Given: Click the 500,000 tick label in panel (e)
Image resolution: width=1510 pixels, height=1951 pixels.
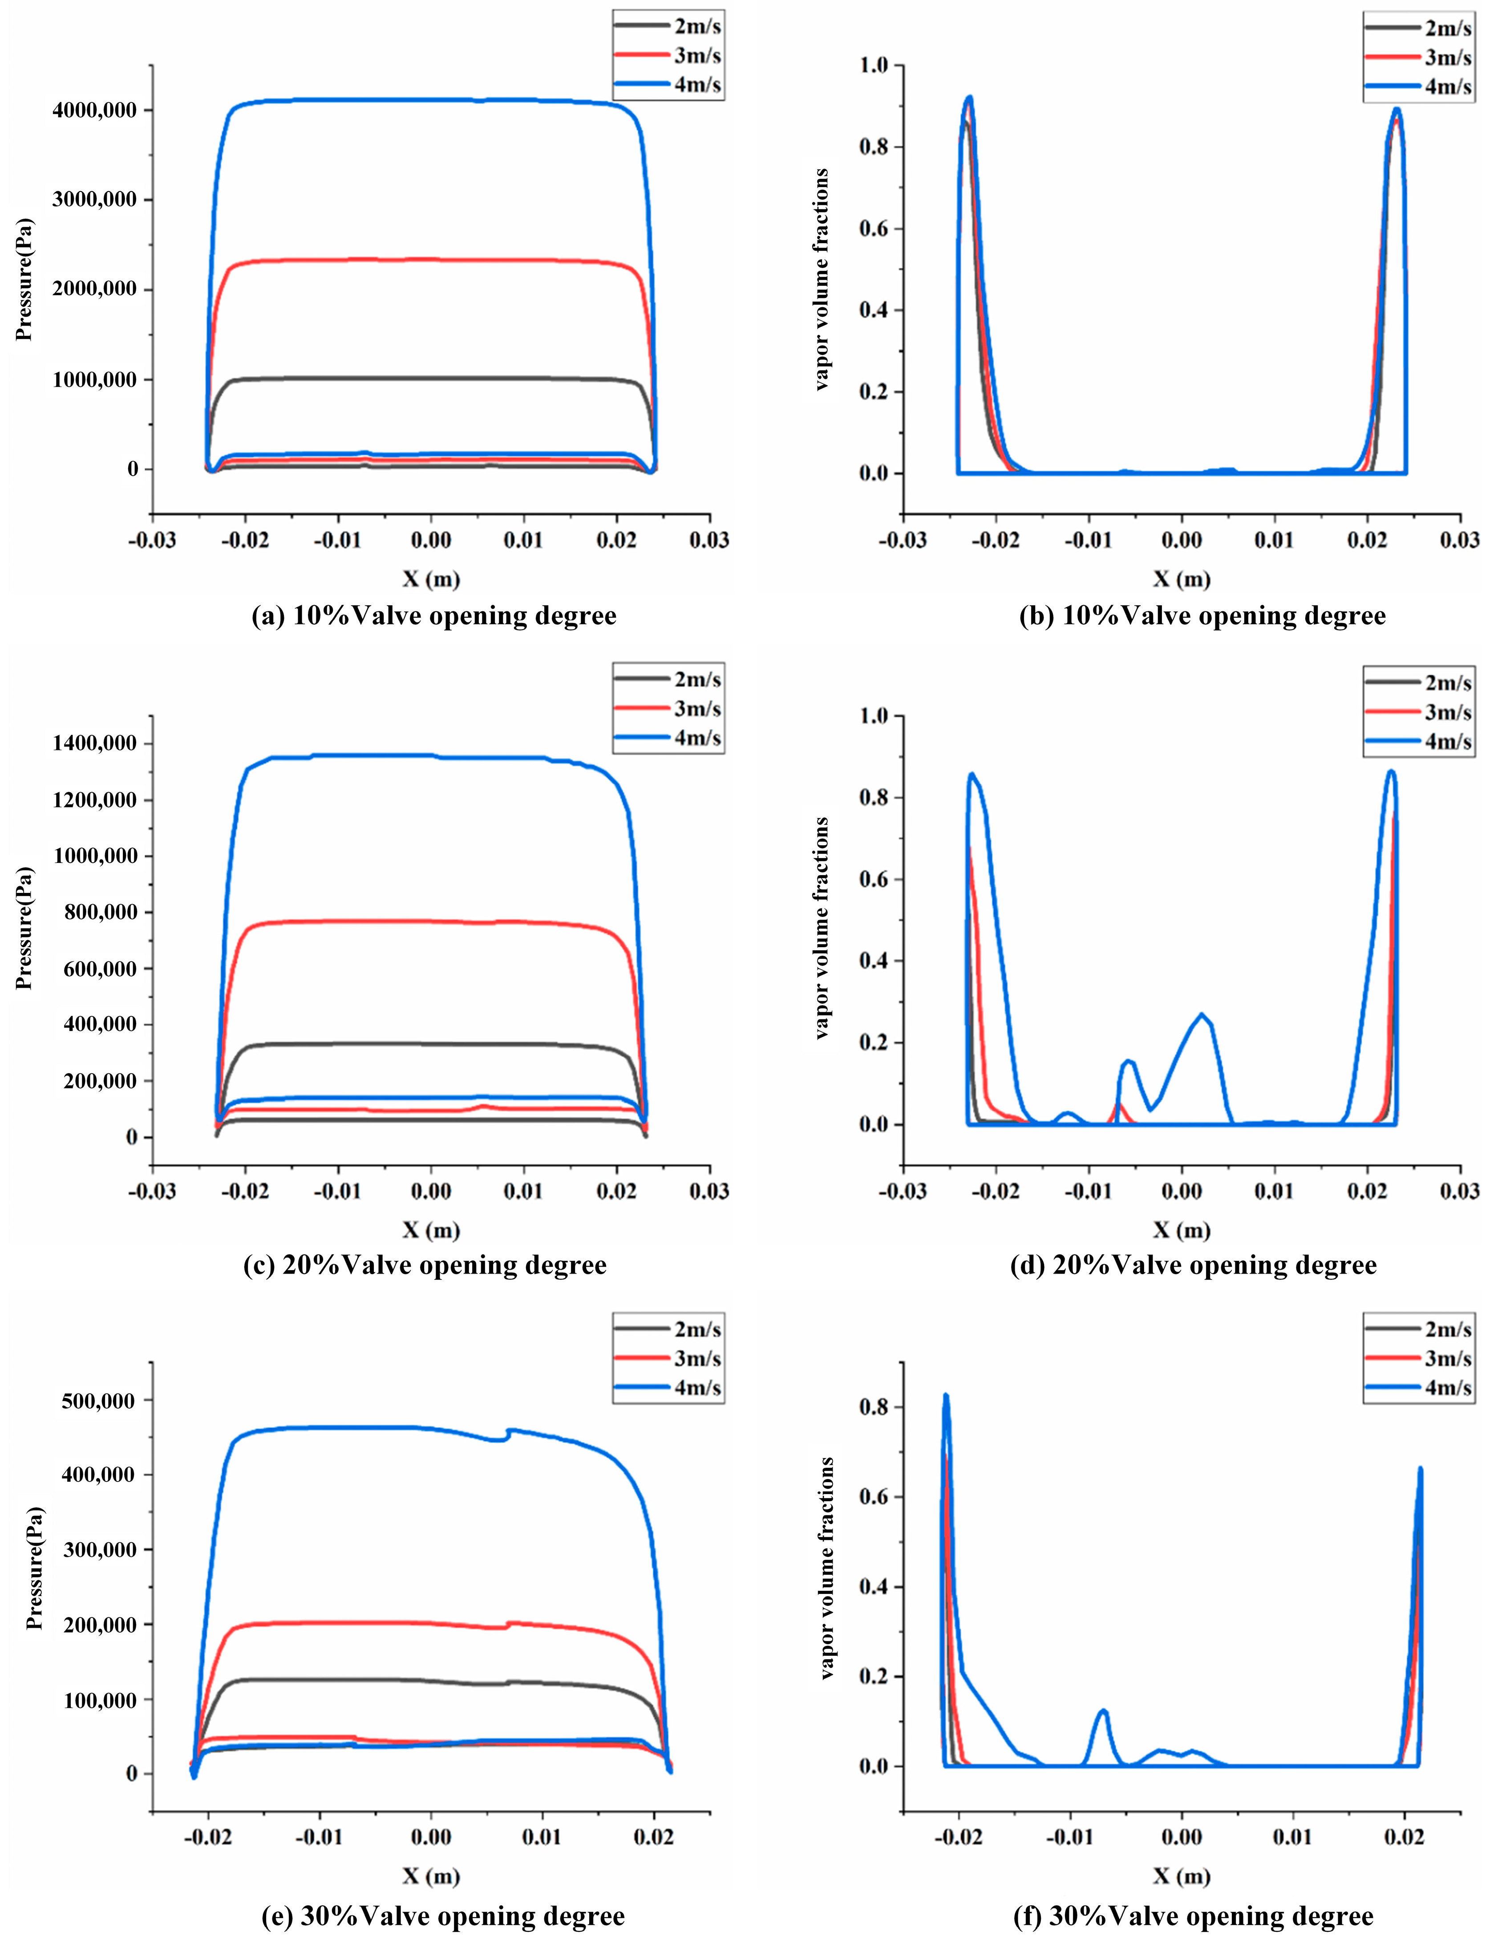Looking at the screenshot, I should coord(98,1401).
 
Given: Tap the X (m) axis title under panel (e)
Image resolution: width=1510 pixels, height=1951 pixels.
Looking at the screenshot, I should coord(430,1876).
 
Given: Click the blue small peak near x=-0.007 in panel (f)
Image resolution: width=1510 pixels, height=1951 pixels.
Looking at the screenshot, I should coord(1104,1711).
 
